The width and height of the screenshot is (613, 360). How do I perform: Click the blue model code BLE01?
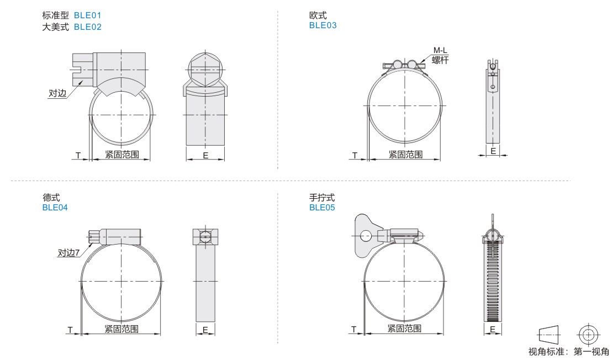point(88,15)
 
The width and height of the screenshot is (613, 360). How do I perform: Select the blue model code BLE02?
point(88,27)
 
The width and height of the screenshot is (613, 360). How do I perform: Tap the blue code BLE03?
point(323,25)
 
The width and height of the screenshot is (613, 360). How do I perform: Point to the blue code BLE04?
point(55,208)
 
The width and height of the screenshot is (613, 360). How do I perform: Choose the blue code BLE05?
point(322,208)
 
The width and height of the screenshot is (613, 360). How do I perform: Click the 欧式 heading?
point(318,15)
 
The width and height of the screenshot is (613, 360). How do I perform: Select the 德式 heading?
point(51,198)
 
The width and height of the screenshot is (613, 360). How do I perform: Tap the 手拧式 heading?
point(322,198)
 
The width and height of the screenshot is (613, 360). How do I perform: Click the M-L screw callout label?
point(440,50)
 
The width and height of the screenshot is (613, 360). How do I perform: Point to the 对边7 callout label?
point(69,253)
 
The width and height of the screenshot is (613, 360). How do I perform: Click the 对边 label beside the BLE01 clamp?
point(57,93)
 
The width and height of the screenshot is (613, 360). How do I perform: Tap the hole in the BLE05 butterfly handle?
point(366,236)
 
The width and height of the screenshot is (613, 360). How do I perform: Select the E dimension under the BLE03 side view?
point(493,151)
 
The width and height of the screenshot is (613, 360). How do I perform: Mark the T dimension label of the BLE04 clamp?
point(70,330)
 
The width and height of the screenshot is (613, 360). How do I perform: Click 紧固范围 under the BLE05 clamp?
point(404,329)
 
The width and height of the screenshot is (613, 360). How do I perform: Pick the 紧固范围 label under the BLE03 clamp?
point(405,155)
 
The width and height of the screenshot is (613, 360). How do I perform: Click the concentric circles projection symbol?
point(588,335)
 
